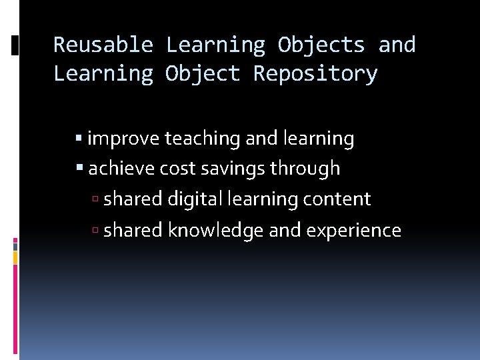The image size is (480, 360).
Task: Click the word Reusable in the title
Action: pos(103,45)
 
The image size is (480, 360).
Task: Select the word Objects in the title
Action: pos(321,45)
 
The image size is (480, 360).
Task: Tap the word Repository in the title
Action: pos(315,73)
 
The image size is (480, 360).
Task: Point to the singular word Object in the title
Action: pos(203,73)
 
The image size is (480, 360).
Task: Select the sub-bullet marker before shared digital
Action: pos(97,199)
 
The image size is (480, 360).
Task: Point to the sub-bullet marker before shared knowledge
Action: pos(97,231)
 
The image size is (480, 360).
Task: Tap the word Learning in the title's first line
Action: pos(215,45)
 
